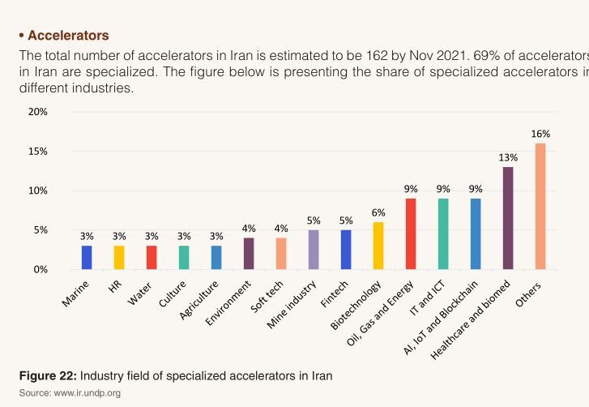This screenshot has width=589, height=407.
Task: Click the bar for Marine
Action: point(87,257)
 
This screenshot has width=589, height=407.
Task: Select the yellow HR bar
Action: point(119,257)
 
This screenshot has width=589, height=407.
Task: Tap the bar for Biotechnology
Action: point(378,246)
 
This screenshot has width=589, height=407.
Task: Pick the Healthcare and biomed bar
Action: point(508,218)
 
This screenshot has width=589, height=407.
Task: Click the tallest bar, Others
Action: point(540,206)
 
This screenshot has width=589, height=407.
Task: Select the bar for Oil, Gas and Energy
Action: point(411,233)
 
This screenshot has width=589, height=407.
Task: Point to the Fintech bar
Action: point(346,250)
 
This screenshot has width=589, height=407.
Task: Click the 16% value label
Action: point(540,134)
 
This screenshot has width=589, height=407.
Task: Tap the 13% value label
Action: point(508,157)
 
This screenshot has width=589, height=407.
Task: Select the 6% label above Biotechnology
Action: point(378,212)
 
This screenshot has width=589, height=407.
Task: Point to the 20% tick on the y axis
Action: point(38,112)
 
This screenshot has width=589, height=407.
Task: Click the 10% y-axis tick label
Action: point(38,191)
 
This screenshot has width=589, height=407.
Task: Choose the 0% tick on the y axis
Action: point(41,269)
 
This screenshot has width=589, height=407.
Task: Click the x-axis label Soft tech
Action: point(267,298)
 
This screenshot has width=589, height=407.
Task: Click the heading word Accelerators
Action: point(68,36)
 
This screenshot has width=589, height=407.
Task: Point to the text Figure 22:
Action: point(48,376)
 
